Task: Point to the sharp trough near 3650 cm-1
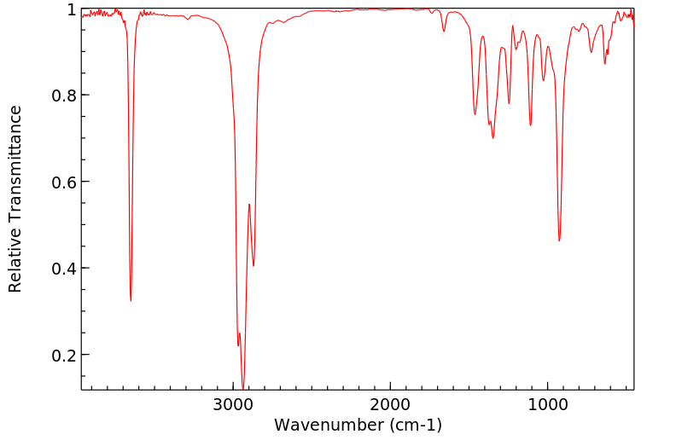(x=131, y=300)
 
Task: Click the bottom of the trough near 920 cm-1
(x=559, y=240)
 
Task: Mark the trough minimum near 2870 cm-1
(x=254, y=266)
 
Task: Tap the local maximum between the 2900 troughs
(x=249, y=205)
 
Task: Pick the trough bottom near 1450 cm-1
(x=475, y=114)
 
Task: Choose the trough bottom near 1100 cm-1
(x=530, y=125)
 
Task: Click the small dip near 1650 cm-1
(x=444, y=32)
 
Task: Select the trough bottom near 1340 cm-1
(x=493, y=138)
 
